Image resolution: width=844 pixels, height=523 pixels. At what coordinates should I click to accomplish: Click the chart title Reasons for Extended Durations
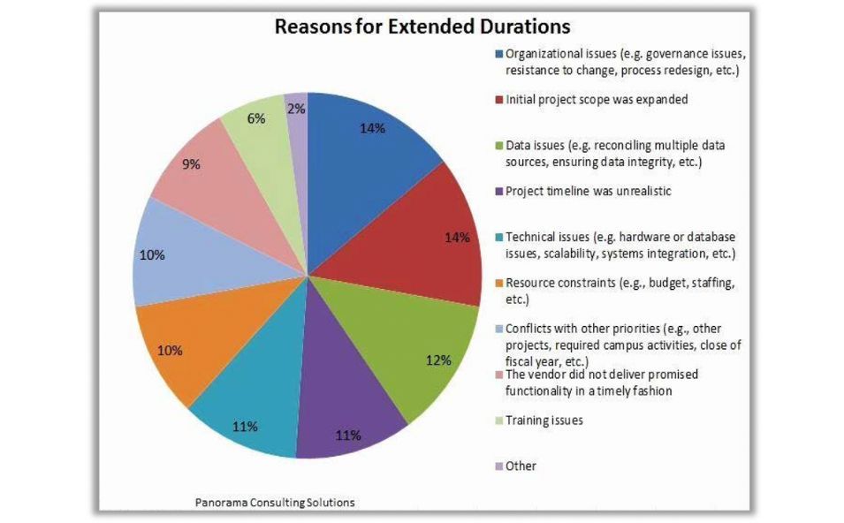click(422, 26)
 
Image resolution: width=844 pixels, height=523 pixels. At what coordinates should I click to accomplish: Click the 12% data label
click(439, 360)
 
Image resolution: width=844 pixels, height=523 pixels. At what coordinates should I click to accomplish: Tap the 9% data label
click(192, 163)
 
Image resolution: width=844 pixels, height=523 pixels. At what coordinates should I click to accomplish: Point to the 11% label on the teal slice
click(245, 427)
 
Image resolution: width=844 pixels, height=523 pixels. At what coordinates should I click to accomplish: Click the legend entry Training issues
click(544, 421)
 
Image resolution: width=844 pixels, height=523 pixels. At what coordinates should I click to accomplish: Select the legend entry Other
click(521, 466)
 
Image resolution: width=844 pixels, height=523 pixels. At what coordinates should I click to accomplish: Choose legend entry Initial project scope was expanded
click(596, 99)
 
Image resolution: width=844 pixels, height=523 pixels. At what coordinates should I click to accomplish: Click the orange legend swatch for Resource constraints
click(499, 284)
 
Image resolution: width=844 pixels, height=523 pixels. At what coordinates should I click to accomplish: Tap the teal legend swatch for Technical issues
click(499, 237)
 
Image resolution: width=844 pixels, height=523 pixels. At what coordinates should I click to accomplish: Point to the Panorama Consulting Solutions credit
click(275, 502)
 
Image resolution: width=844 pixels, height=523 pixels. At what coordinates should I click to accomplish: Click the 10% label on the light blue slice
click(152, 255)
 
